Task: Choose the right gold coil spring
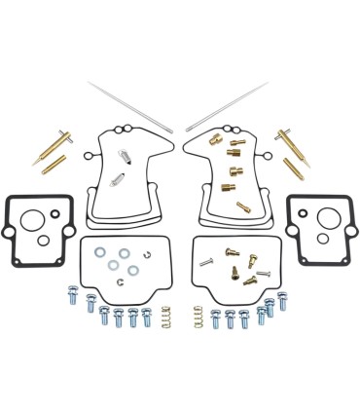pos(198,316)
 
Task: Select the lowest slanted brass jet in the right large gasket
pos(242,206)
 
